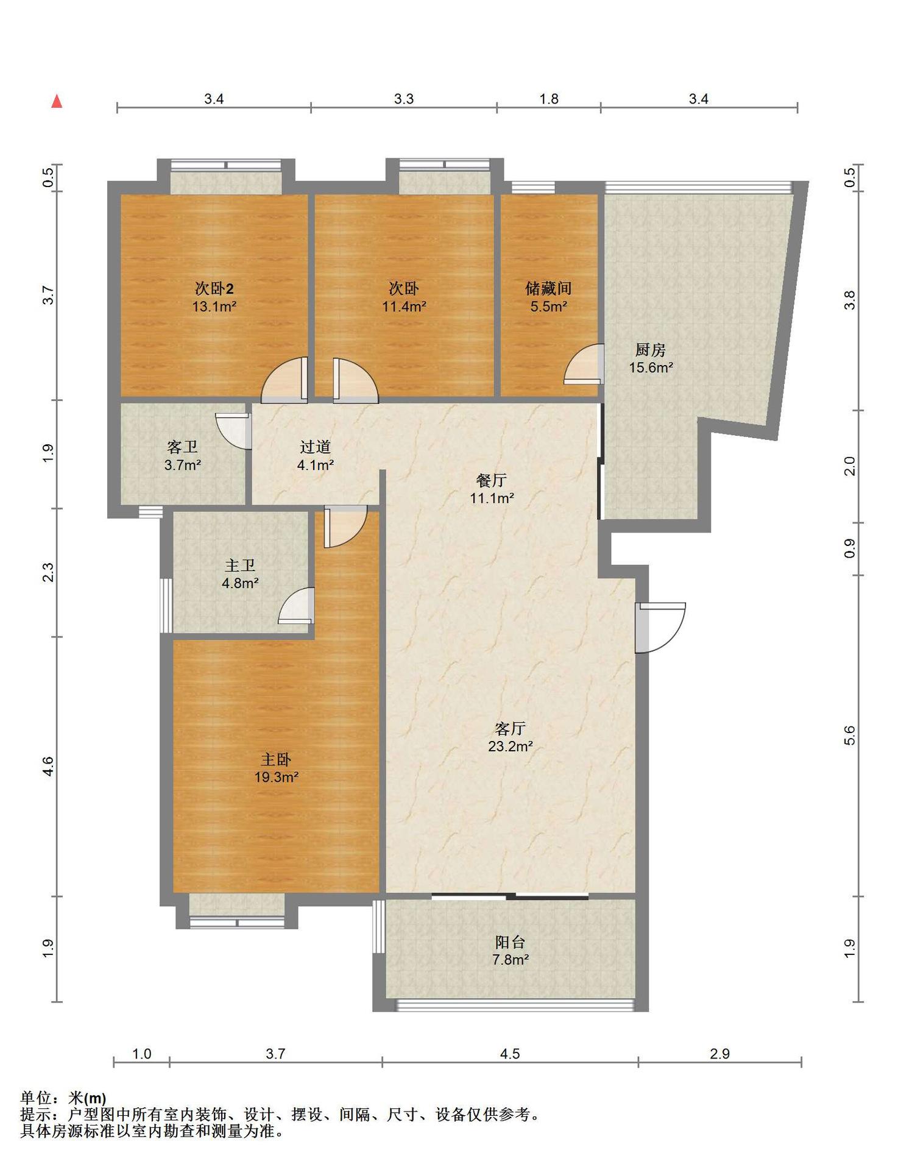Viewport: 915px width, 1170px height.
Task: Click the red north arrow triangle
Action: tap(57, 101)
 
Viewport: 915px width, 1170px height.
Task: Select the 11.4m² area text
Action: tap(404, 307)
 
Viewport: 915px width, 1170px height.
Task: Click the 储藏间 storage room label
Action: tap(548, 288)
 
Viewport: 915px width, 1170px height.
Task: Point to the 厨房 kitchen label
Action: tap(650, 350)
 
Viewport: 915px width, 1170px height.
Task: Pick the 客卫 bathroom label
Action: tap(182, 447)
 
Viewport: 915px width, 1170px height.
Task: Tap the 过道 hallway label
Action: tap(315, 447)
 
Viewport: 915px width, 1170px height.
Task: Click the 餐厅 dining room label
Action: tap(491, 481)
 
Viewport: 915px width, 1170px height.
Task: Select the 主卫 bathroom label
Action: tap(240, 566)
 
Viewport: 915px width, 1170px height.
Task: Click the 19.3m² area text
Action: tap(277, 777)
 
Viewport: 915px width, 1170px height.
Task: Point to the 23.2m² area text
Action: tap(510, 746)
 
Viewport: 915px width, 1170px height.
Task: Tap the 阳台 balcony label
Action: tap(510, 942)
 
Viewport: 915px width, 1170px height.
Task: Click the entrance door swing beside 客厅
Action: tap(660, 628)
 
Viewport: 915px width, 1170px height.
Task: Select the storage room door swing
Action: tap(584, 364)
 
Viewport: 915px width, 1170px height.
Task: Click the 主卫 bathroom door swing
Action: tap(297, 606)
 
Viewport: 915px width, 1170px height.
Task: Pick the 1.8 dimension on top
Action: tap(549, 99)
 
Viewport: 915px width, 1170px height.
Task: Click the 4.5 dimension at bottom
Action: tap(510, 1054)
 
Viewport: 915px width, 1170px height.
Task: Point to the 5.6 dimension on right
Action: tap(850, 736)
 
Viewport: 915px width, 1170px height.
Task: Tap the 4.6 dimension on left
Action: tap(48, 766)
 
